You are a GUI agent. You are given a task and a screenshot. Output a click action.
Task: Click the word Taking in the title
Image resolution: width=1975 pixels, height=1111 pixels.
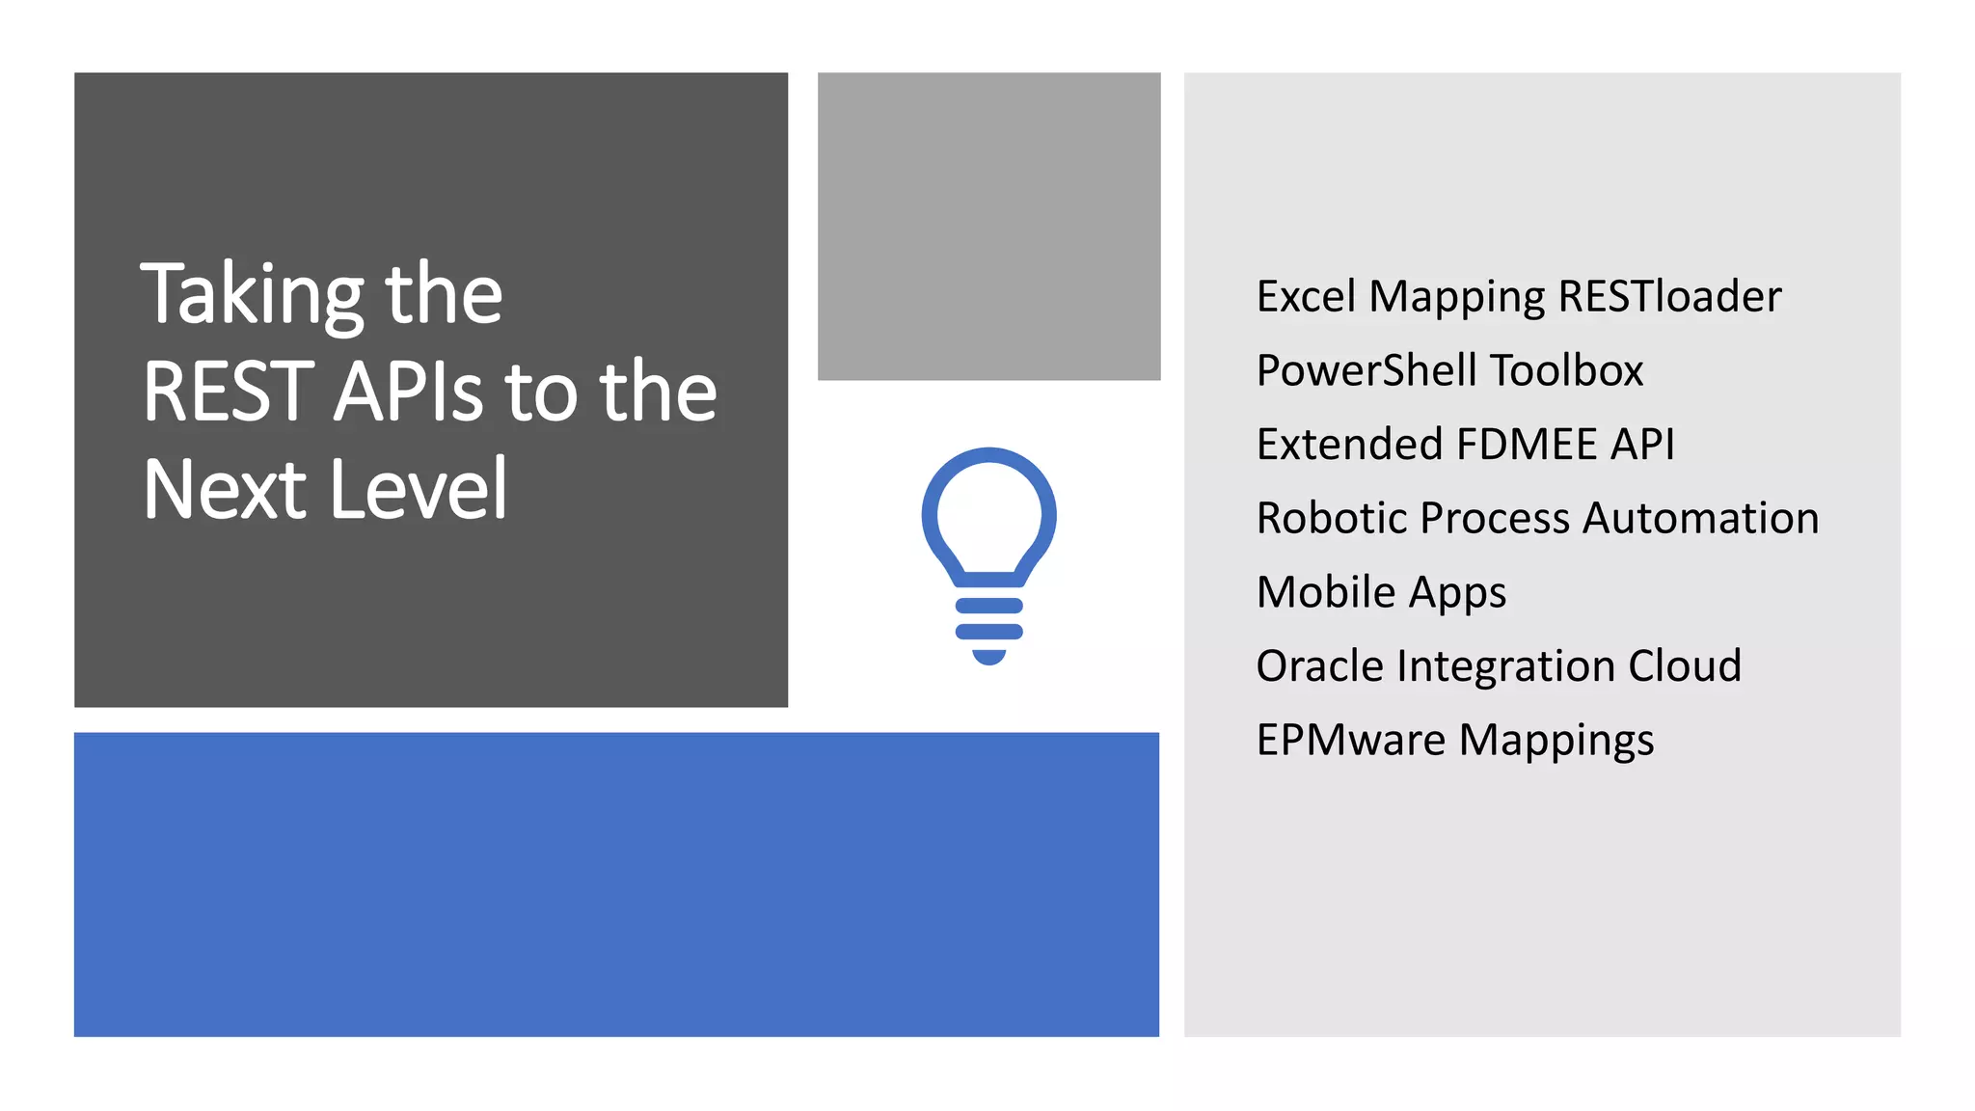coord(253,295)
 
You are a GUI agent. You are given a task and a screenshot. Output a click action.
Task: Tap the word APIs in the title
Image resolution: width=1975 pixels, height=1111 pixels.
coord(408,392)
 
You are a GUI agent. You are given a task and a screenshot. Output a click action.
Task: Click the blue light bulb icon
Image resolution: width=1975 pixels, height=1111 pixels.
coord(988,555)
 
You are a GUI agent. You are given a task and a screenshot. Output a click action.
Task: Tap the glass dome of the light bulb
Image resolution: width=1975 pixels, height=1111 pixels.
coord(988,511)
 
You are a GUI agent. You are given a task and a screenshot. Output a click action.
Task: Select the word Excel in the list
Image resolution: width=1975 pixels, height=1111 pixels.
coord(1306,296)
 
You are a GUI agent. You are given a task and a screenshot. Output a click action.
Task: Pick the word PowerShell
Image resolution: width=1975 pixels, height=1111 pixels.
coord(1366,370)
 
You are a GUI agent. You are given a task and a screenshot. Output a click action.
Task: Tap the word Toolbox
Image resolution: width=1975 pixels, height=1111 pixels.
coord(1566,370)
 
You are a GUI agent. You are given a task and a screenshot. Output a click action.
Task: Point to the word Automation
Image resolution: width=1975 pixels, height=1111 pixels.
coord(1701,518)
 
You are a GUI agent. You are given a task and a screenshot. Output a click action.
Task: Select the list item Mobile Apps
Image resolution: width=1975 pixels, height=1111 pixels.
coord(1381,592)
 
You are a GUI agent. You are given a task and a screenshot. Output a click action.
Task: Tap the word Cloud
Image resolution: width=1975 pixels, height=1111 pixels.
coord(1685,666)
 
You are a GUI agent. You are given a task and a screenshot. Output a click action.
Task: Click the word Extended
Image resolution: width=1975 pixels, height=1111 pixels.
coord(1349,445)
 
